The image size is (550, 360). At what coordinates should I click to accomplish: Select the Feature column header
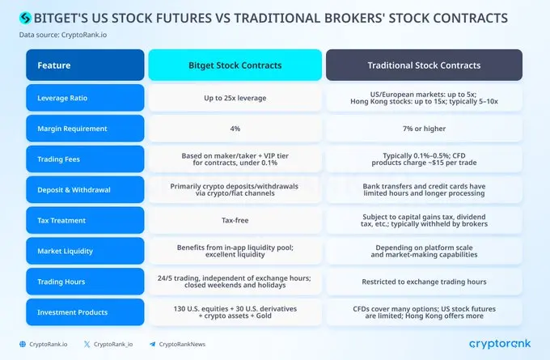85,66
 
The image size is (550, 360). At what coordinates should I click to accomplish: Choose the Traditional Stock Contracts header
424,66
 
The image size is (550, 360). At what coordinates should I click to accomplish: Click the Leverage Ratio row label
85,97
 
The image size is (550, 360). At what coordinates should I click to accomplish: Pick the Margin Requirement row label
85,128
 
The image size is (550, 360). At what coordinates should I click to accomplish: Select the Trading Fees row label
85,159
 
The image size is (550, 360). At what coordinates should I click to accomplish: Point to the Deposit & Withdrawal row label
85,189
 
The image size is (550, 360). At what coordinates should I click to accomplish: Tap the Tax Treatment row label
85,220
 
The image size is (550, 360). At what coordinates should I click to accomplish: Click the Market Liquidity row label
85,251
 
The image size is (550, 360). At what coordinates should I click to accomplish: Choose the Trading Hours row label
85,282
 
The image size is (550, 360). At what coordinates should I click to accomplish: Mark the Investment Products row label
85,312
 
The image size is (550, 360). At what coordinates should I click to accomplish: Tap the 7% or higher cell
424,128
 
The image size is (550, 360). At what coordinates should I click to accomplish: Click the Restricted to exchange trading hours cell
424,282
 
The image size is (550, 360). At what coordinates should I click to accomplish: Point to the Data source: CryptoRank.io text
63,35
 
